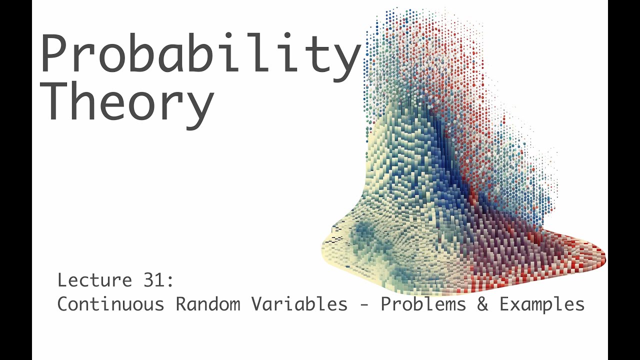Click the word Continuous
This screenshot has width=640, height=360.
click(x=110, y=304)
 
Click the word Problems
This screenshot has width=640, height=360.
click(x=424, y=304)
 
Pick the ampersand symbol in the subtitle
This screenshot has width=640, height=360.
click(x=483, y=304)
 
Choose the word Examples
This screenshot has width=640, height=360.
click(x=542, y=304)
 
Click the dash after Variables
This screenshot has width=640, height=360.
click(x=364, y=304)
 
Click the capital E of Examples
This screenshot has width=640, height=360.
click(x=504, y=304)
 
